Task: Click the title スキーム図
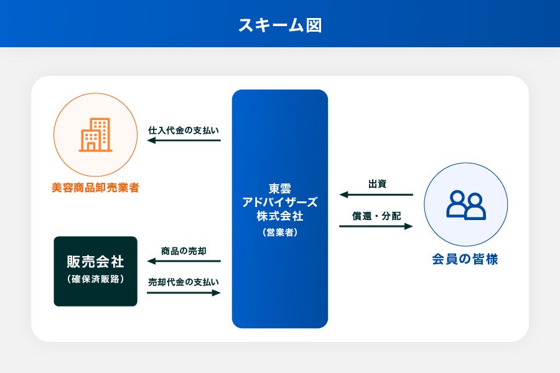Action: pos(280,25)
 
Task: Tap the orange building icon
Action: pos(95,135)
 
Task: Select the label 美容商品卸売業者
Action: pos(95,187)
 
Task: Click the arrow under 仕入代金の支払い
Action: pos(184,140)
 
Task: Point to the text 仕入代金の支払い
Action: pos(184,131)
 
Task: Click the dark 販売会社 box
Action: pos(95,271)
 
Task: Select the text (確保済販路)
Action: pos(95,279)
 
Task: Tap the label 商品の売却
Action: pos(184,251)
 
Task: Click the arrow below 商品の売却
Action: pos(184,261)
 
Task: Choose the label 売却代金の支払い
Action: pos(184,282)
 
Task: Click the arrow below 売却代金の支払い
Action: pos(184,292)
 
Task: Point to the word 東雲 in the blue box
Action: pos(280,189)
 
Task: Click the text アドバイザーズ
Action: pos(280,203)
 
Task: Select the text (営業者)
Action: pos(280,233)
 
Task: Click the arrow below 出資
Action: pos(376,195)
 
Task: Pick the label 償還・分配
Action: pos(376,216)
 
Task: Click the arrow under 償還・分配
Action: pos(376,226)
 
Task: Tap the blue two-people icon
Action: pos(465,205)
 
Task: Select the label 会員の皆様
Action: pos(465,259)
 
